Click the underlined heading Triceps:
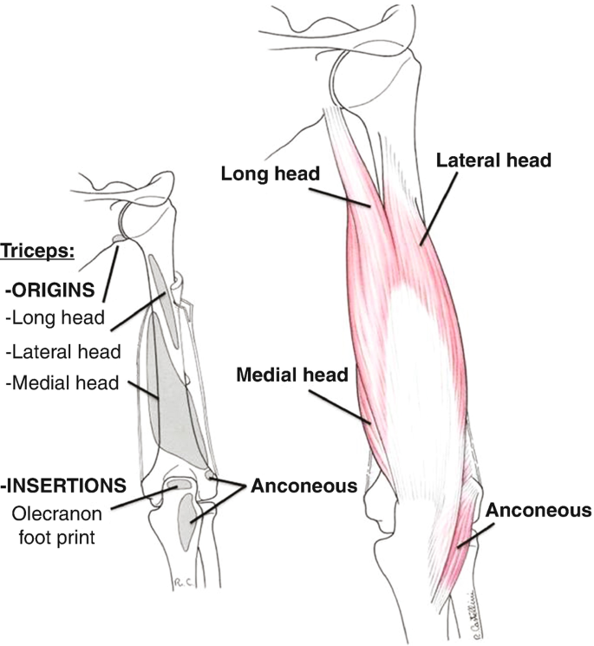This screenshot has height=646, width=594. tap(39, 252)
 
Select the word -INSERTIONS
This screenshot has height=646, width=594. tap(65, 483)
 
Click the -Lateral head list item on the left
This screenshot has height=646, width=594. tap(62, 351)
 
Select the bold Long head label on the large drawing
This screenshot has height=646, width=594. tap(271, 173)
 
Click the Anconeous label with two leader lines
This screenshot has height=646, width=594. tap(304, 486)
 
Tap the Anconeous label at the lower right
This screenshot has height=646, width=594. tap(538, 510)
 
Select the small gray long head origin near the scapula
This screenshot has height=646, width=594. tap(119, 238)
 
